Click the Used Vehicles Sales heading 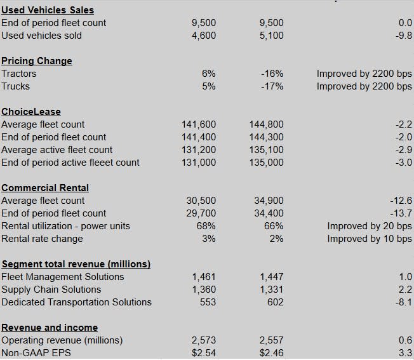(48, 10)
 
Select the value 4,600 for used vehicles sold (203, 36)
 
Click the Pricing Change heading (37, 61)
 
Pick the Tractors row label (19, 74)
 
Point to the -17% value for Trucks (272, 86)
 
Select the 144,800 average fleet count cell (267, 124)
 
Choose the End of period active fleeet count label (70, 163)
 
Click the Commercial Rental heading (45, 188)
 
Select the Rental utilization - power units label (65, 226)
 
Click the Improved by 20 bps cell (370, 226)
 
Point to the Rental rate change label (42, 239)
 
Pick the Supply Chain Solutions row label (51, 290)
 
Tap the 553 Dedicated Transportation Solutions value (208, 302)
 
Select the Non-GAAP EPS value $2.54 (203, 353)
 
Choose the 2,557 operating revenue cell (271, 340)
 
